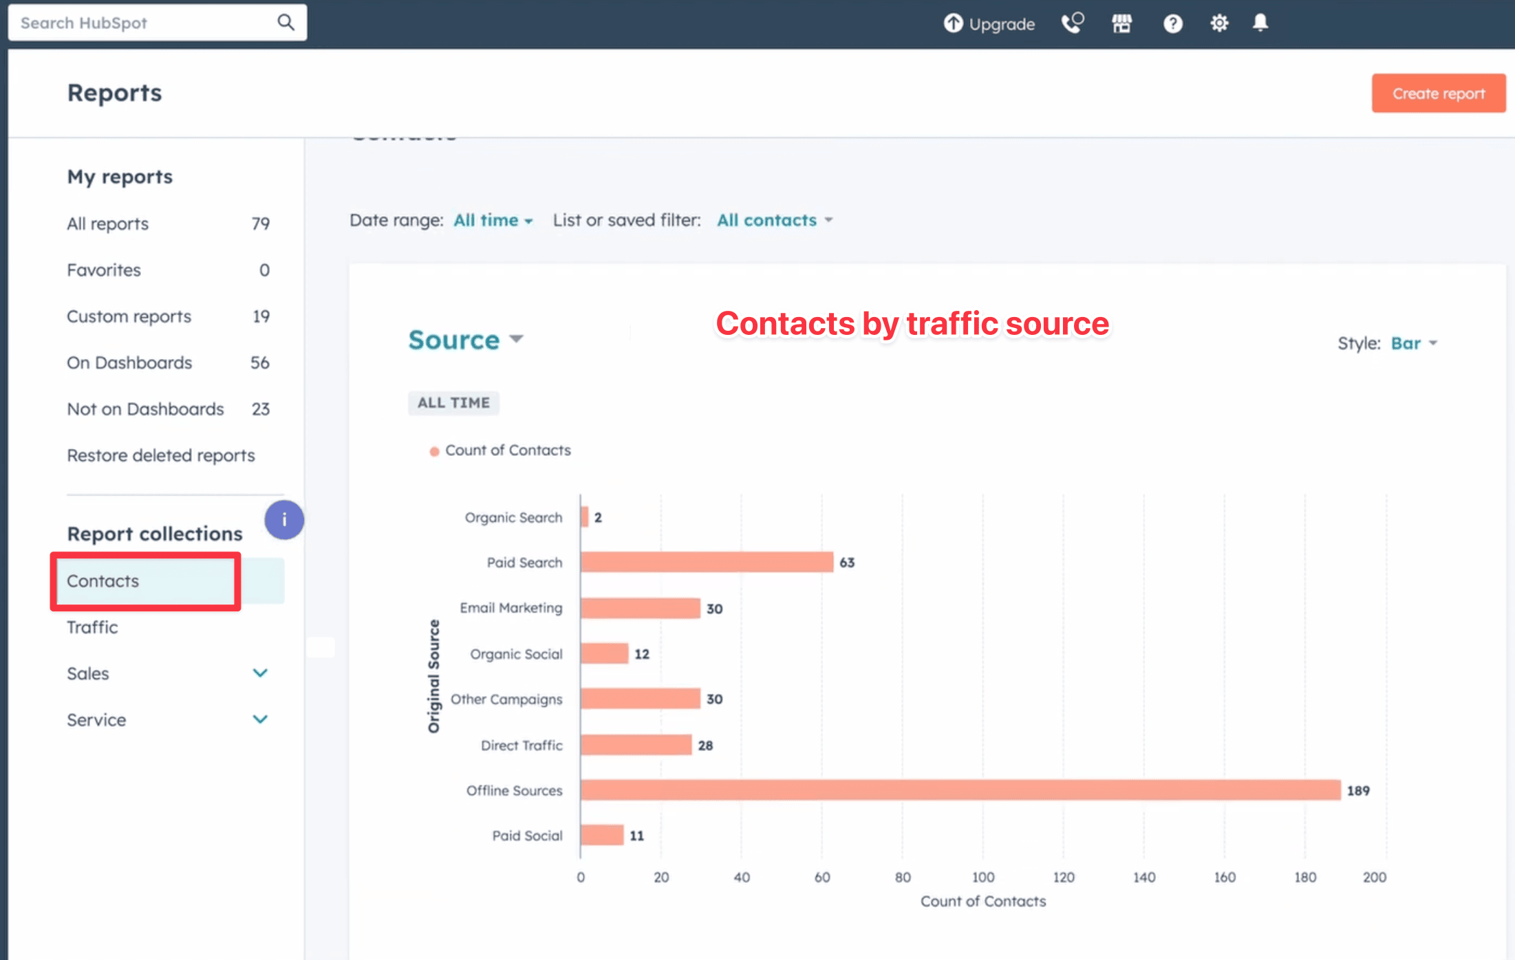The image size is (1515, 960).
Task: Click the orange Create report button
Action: pos(1438,94)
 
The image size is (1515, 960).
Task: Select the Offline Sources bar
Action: pos(960,790)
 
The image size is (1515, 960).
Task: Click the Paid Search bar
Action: pos(707,563)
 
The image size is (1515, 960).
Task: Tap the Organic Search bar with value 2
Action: pos(585,517)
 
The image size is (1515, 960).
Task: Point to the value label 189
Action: pos(1357,791)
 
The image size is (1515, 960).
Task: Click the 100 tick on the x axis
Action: pos(982,877)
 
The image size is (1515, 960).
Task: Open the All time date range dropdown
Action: pos(493,220)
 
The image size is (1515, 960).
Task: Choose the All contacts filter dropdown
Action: pos(774,220)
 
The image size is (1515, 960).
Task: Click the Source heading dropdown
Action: pos(466,340)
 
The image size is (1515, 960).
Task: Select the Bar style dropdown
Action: pos(1413,343)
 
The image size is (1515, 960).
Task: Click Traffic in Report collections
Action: pos(92,627)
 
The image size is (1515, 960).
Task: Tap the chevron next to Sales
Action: pos(260,673)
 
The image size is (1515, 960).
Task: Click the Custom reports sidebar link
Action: pos(129,316)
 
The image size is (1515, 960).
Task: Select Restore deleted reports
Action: pos(160,455)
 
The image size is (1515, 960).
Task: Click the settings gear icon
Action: pos(1218,23)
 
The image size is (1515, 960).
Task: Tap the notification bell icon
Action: pos(1260,23)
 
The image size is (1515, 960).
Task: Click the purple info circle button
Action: pos(284,520)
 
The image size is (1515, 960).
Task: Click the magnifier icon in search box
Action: pos(286,23)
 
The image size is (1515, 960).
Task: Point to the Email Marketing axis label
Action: pos(511,608)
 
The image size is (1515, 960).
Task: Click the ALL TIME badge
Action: pos(453,403)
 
